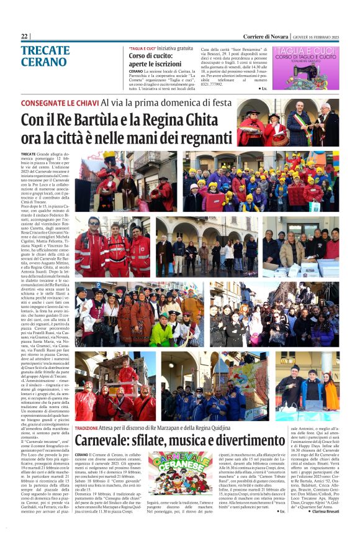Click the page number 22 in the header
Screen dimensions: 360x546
point(24,36)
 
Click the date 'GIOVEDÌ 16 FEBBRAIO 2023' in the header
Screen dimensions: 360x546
point(317,37)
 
